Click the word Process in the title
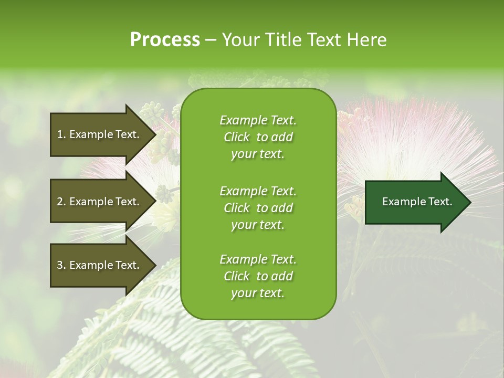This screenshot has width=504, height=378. [165, 40]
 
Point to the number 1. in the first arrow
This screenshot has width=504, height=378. [61, 134]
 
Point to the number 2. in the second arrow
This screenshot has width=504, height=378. [61, 202]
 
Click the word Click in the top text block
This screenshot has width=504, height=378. [237, 138]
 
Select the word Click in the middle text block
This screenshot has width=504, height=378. [237, 208]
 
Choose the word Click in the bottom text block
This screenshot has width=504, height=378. [237, 276]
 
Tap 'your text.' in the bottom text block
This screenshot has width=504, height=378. [258, 293]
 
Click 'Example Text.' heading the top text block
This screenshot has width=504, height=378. [258, 120]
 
